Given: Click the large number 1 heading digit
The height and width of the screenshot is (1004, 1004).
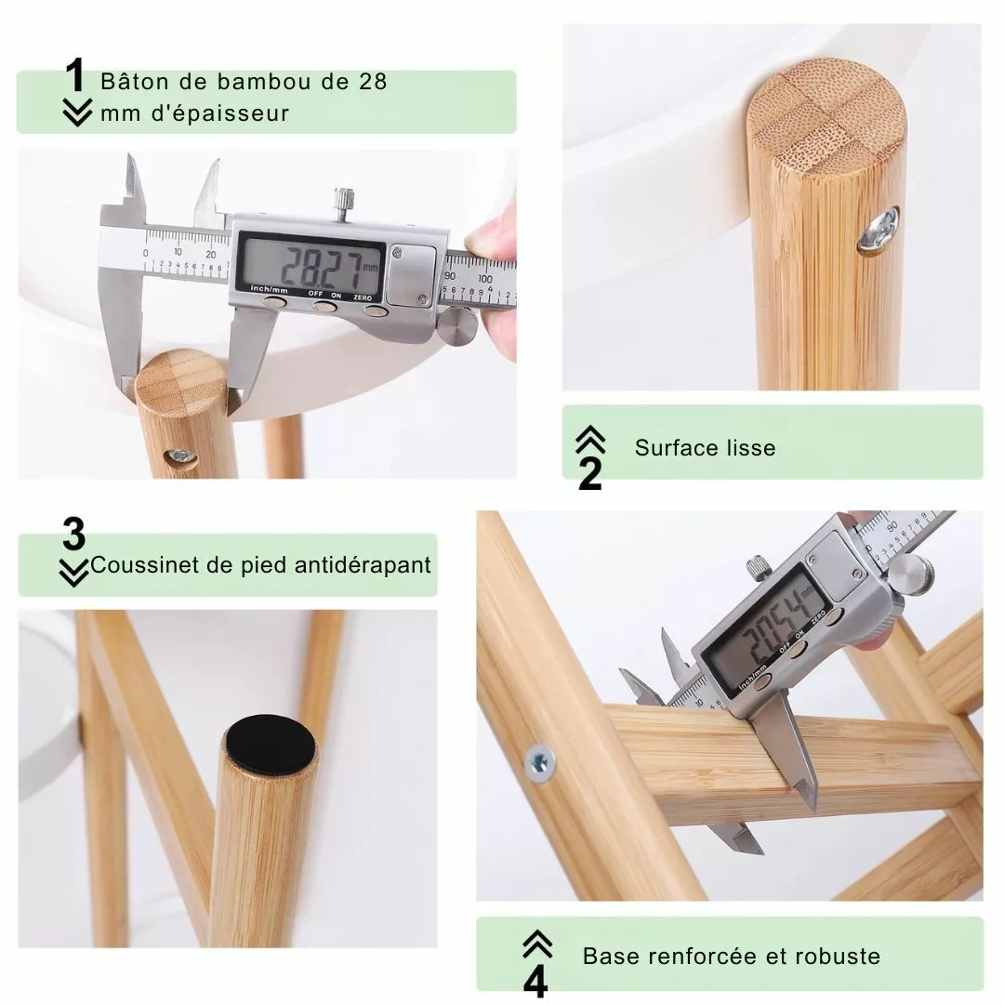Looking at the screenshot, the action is coord(75,75).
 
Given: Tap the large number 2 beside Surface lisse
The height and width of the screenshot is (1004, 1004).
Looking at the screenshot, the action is coord(589,473).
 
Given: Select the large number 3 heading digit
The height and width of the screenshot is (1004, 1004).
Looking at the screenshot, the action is coord(73,534).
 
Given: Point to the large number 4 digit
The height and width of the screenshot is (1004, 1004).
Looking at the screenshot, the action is coord(535,981).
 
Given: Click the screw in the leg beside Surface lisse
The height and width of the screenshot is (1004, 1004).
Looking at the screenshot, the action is coord(878,231).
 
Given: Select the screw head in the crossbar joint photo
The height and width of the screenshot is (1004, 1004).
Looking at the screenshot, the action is coord(539,762).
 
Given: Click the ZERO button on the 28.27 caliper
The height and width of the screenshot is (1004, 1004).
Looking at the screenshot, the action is coord(375,310).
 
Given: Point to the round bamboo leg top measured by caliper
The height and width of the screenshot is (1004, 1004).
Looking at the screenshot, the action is coord(180,382).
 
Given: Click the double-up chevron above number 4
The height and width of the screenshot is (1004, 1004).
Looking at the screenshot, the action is coord(537,944).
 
